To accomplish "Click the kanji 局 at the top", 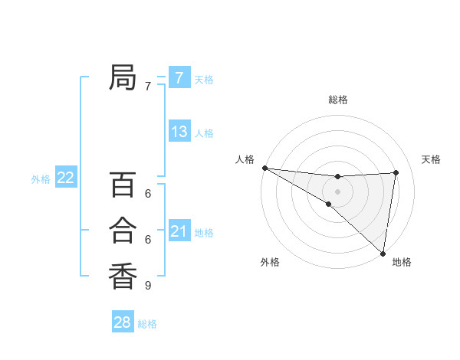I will (x=123, y=77).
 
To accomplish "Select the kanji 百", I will (x=123, y=185).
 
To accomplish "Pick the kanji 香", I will (x=123, y=276).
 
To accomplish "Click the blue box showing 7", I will (x=179, y=77).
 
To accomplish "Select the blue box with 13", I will (x=179, y=132).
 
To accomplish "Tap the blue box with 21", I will (x=179, y=231).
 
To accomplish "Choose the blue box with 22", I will (x=65, y=178).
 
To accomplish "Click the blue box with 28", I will (x=122, y=322).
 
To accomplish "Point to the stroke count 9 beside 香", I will (x=148, y=286).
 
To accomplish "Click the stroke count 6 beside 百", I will (x=148, y=194).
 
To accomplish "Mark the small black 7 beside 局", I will (x=148, y=87).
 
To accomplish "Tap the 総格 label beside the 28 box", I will (x=147, y=324).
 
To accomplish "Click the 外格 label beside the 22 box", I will (x=41, y=179).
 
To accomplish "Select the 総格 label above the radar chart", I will (x=337, y=100).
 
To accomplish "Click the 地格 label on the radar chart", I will (x=402, y=262).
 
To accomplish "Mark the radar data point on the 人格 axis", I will (x=264, y=168).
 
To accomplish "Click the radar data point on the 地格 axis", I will (x=383, y=253).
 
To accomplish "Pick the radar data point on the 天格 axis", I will (x=396, y=172).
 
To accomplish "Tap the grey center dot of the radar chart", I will (x=337, y=191).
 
